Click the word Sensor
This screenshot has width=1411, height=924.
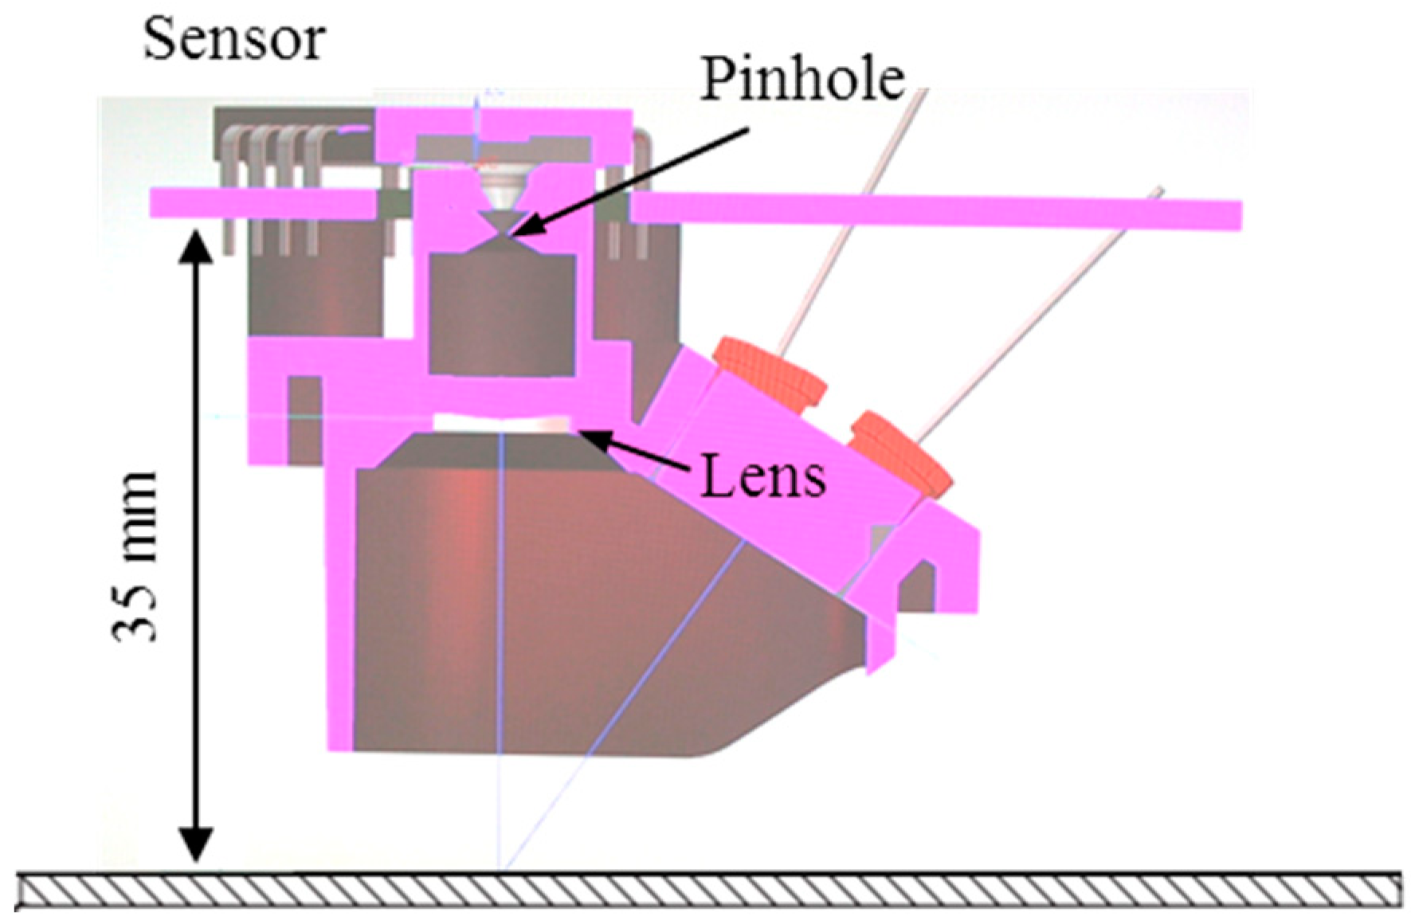click(233, 40)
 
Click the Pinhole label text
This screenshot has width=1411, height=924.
click(802, 80)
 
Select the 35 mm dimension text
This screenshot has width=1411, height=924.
click(135, 556)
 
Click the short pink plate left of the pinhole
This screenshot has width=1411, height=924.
click(263, 203)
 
